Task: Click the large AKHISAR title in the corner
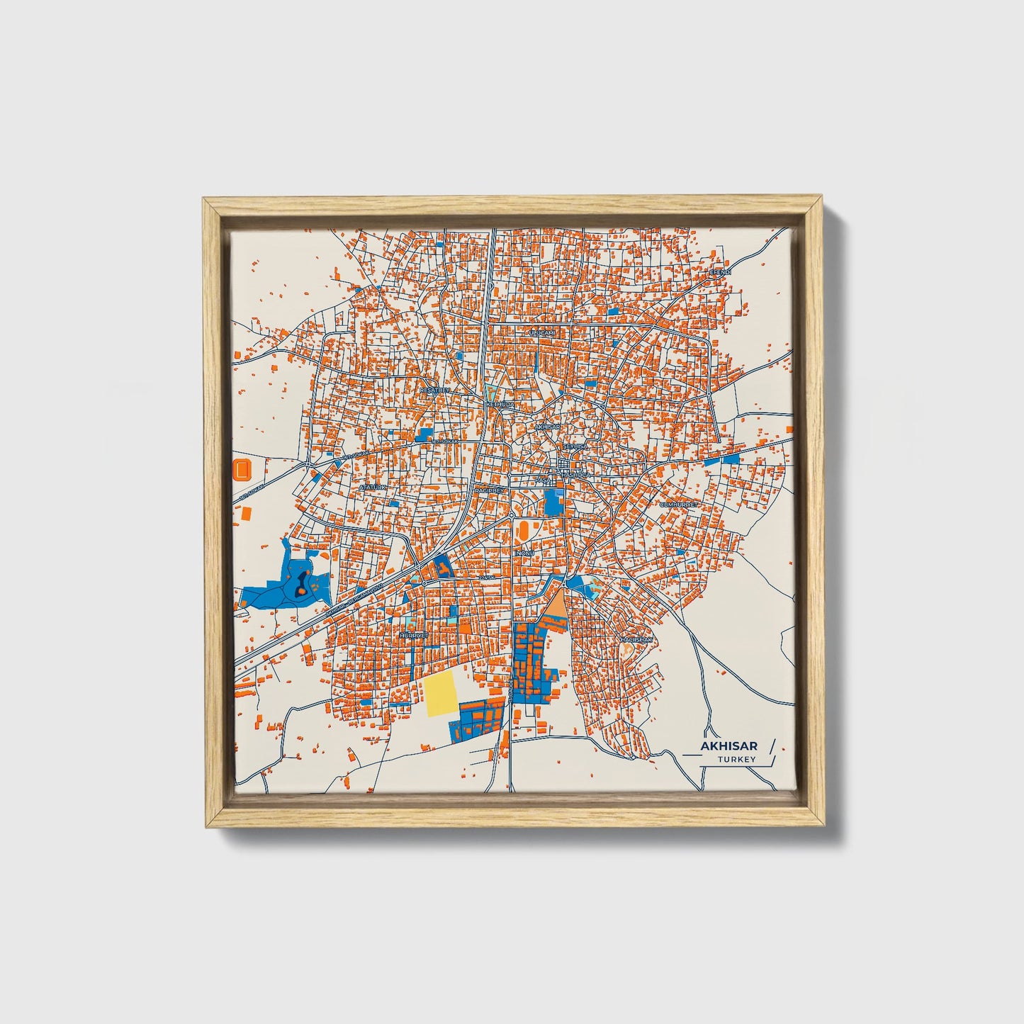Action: (x=728, y=746)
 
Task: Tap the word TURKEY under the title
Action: (x=736, y=760)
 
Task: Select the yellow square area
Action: (x=441, y=694)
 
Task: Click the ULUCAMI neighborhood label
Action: (x=540, y=331)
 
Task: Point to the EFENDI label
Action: (x=720, y=271)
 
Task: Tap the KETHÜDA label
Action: (x=500, y=404)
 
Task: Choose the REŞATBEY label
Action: (x=435, y=390)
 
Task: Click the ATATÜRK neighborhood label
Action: (x=373, y=488)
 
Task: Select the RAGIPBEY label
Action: (x=488, y=490)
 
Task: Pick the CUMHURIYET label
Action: (x=678, y=505)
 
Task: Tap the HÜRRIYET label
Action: (x=414, y=636)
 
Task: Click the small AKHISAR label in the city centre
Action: (x=547, y=427)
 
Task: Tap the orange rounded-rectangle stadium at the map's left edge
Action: (x=242, y=468)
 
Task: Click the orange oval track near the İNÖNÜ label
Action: (x=523, y=529)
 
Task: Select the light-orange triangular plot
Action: (x=556, y=604)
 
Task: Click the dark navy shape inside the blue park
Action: (x=303, y=580)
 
